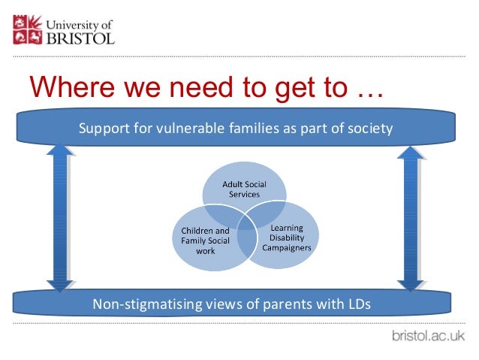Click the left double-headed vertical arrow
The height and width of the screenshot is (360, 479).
pos(59,219)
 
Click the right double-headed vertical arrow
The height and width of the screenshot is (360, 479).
pos(409,219)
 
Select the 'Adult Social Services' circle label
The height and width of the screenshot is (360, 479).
pos(243,189)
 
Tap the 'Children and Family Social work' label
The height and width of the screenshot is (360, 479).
pos(205,240)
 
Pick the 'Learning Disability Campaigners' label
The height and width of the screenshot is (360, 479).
pos(286,237)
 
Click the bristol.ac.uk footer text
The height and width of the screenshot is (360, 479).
pos(428,335)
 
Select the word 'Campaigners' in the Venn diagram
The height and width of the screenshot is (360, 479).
pos(286,247)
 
